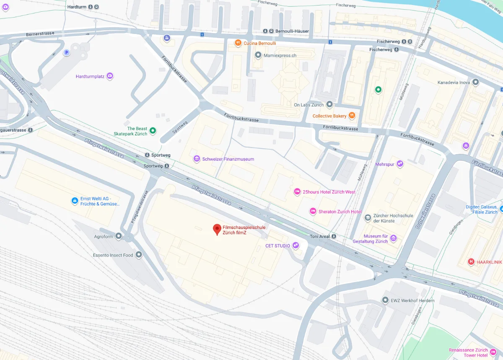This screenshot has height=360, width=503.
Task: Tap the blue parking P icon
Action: pyautogui.click(x=66, y=52)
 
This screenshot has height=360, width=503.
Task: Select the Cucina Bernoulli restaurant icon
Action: pyautogui.click(x=238, y=43)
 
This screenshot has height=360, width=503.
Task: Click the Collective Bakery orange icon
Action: pyautogui.click(x=352, y=116)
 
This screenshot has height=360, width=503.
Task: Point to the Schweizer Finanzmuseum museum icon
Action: pyautogui.click(x=197, y=159)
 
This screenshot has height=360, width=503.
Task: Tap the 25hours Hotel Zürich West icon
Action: pyautogui.click(x=297, y=192)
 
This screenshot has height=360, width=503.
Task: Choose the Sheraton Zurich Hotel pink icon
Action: pyautogui.click(x=312, y=211)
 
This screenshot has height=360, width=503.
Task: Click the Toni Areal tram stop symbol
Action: pyautogui.click(x=334, y=236)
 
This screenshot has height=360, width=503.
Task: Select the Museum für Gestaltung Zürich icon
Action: pyautogui.click(x=393, y=238)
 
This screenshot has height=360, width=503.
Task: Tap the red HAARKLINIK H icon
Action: pyautogui.click(x=471, y=262)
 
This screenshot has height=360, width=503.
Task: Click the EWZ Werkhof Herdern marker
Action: pyautogui.click(x=385, y=300)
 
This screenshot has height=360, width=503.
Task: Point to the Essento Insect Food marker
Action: pyautogui.click(x=139, y=255)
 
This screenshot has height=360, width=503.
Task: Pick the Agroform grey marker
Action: pyautogui.click(x=119, y=236)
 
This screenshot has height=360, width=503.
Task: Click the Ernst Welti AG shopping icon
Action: pyautogui.click(x=75, y=201)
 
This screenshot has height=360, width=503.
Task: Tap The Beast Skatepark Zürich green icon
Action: pyautogui.click(x=153, y=131)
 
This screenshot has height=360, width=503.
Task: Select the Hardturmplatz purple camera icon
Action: pyautogui.click(x=110, y=76)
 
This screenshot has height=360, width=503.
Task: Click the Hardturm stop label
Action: pyautogui.click(x=77, y=7)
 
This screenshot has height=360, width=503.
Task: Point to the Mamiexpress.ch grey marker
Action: pyautogui.click(x=258, y=55)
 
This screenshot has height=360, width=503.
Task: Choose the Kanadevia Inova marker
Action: pyautogui.click(x=475, y=82)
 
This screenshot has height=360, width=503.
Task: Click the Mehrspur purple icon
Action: pyautogui.click(x=400, y=164)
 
